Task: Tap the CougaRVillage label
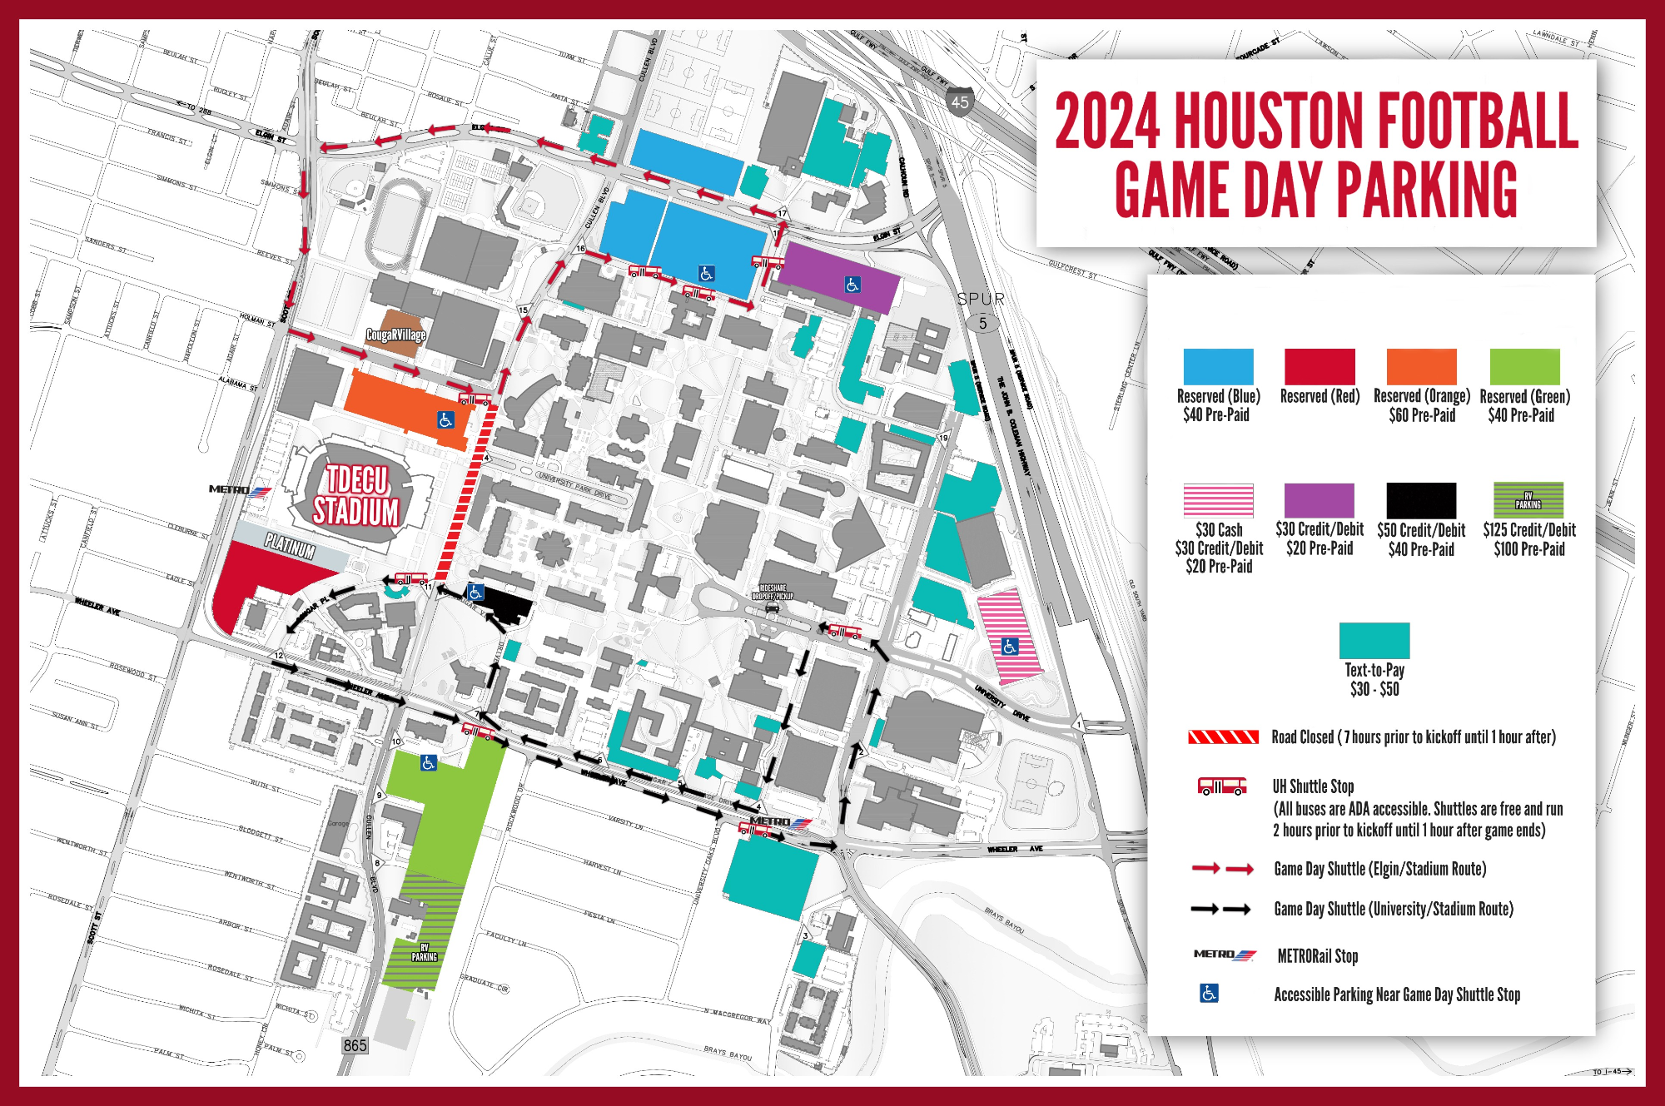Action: click(396, 335)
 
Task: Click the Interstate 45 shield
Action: click(960, 101)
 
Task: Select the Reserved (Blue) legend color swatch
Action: click(1218, 366)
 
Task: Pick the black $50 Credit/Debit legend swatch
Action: click(1421, 500)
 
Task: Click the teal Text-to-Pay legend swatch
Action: click(1374, 640)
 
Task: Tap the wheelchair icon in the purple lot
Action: click(852, 285)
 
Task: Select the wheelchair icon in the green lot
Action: click(428, 762)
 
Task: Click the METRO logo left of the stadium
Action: click(240, 490)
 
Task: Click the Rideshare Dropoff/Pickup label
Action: click(773, 592)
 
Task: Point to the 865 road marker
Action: click(355, 1045)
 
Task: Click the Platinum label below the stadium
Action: click(291, 547)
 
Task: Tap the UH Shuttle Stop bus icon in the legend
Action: click(1221, 786)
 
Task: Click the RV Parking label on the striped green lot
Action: click(424, 953)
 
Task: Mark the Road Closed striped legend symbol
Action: click(1222, 737)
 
